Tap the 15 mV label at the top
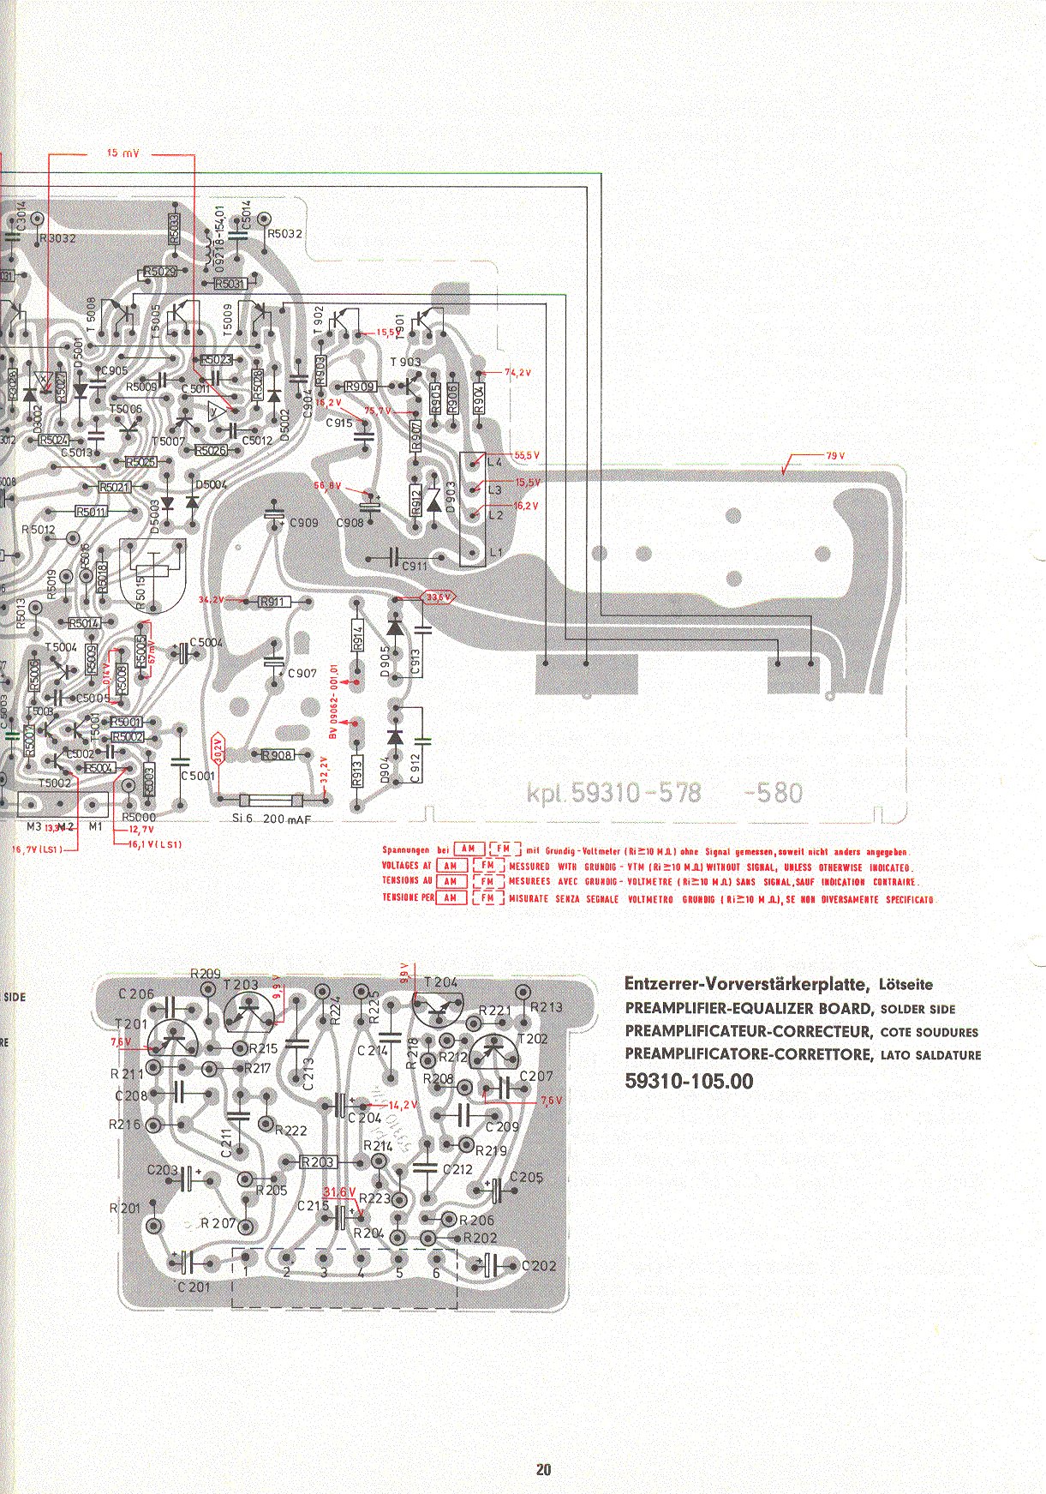pos(123,153)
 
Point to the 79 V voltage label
pos(835,456)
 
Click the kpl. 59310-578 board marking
pos(613,793)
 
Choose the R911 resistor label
pos(272,602)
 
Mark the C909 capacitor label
pos(303,523)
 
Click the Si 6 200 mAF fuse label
pos(272,819)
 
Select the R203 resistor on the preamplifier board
pos(318,1162)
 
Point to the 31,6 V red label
pos(339,1192)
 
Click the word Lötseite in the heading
pos(906,985)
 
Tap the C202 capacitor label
pos(538,1266)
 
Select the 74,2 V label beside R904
pos(517,373)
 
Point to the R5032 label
pos(284,233)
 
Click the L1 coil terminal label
pos(495,553)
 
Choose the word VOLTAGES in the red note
pos(399,866)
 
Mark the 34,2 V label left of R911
pos(211,599)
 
